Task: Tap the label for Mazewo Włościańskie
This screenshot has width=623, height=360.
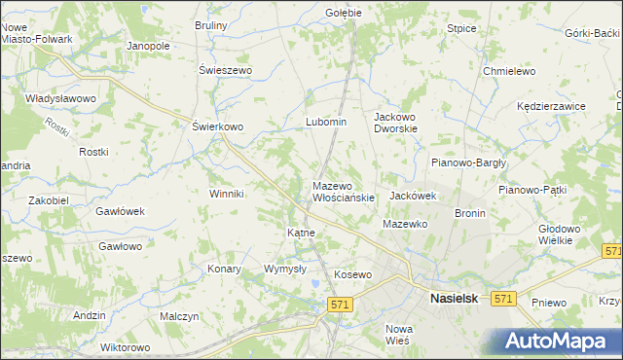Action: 343,191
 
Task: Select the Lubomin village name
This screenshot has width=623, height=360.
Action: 326,122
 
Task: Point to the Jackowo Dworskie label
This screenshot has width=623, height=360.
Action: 396,122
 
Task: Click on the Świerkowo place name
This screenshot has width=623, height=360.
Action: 217,126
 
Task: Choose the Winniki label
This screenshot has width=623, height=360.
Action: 226,194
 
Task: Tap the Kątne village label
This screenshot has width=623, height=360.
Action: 299,234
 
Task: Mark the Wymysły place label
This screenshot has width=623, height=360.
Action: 285,269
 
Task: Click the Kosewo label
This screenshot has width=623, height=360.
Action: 353,274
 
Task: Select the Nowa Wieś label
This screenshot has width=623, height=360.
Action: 399,334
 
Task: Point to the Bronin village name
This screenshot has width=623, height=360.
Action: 470,212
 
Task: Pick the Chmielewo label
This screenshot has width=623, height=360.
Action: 510,71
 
